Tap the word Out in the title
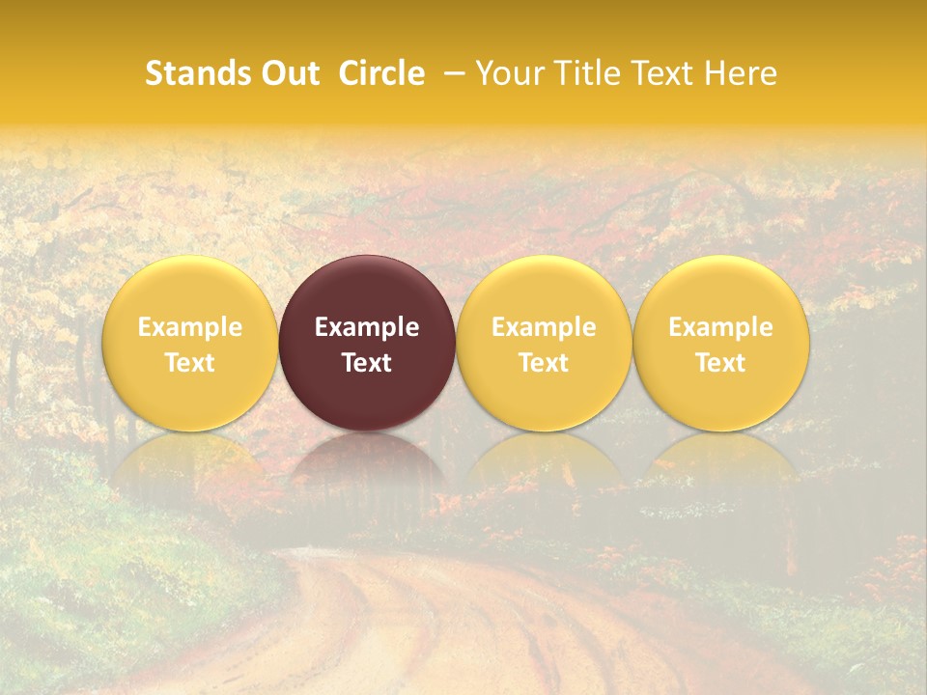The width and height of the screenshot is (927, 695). [287, 73]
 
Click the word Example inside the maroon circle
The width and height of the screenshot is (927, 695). [367, 327]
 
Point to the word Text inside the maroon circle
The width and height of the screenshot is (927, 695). [367, 363]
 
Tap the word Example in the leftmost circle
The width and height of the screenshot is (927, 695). [189, 327]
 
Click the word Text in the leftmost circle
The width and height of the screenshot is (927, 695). [189, 363]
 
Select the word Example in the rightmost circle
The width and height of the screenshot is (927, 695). [721, 327]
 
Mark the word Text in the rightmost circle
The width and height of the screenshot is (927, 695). [721, 363]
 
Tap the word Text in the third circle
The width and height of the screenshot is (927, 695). [544, 363]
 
